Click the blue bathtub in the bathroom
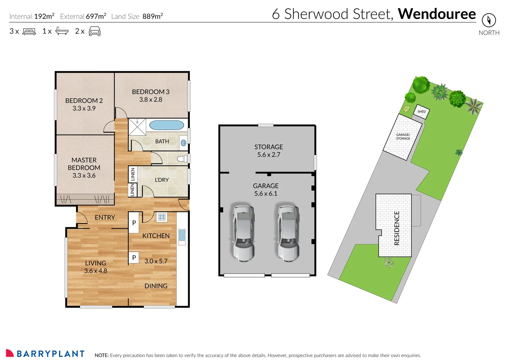(x=166, y=125)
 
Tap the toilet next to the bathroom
(x=182, y=159)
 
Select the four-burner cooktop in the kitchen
(x=162, y=217)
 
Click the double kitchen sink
(x=182, y=235)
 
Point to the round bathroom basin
(x=183, y=143)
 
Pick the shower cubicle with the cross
(x=137, y=127)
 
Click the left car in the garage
(x=243, y=234)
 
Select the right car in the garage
(x=288, y=234)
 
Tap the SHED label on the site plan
(x=422, y=111)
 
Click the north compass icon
(x=489, y=20)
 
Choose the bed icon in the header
(x=29, y=31)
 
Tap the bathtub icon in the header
(x=62, y=31)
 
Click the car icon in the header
(x=95, y=31)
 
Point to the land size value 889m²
(x=153, y=16)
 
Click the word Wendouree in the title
(x=437, y=14)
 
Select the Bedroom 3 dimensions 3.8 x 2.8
(x=151, y=100)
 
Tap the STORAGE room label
(x=269, y=147)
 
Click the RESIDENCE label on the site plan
(x=397, y=228)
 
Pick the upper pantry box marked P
(x=134, y=223)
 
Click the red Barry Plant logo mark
(x=9, y=353)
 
